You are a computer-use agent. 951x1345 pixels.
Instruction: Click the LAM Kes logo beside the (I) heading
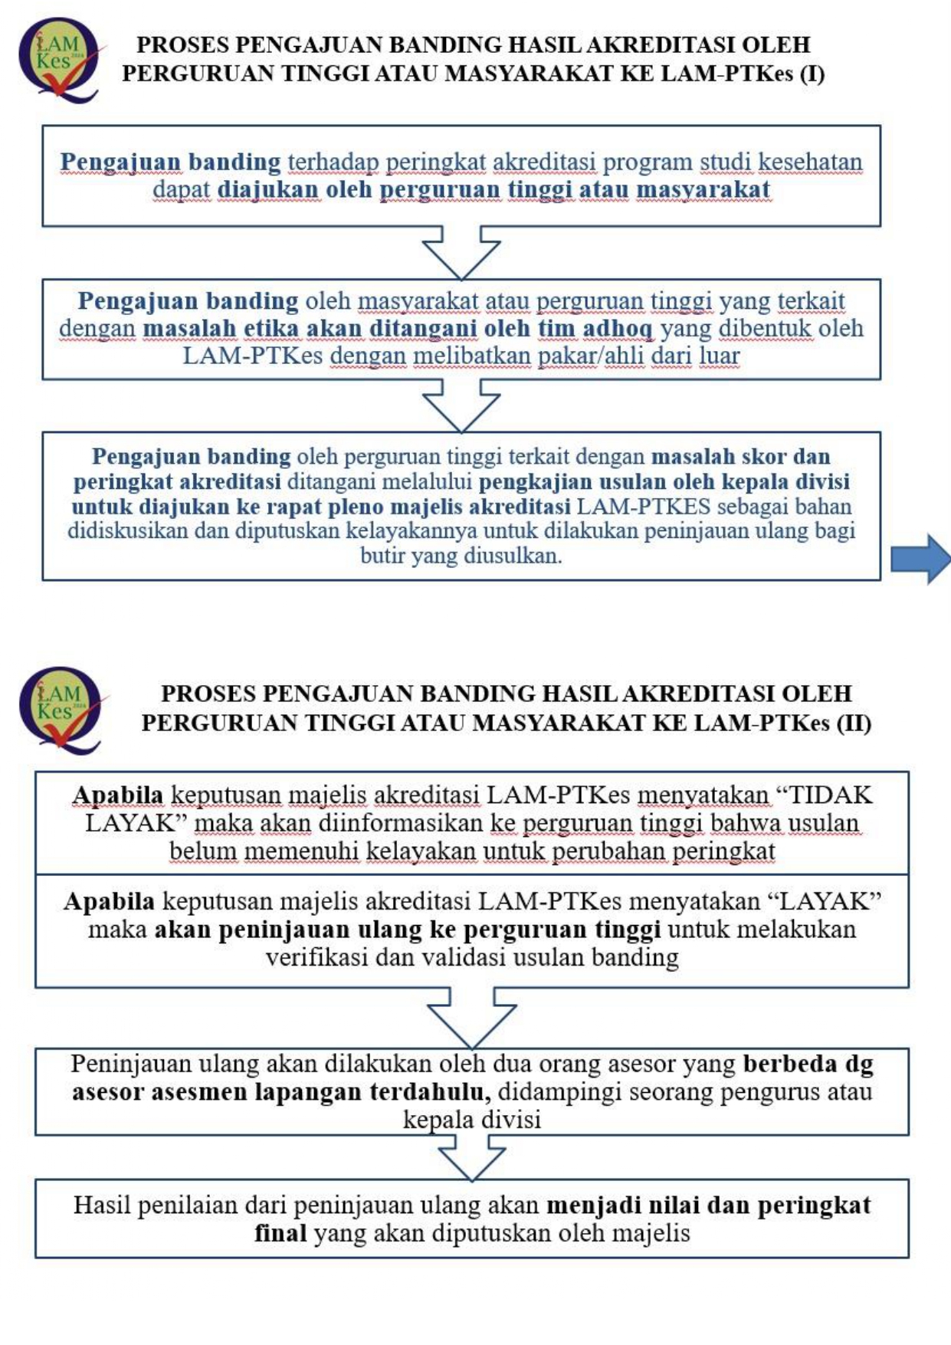point(59,59)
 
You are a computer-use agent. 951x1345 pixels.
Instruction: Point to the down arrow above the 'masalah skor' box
point(461,405)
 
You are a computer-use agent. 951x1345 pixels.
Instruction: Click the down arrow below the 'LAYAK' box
point(472,1016)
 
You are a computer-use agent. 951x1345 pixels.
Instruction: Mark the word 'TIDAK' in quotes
point(831,795)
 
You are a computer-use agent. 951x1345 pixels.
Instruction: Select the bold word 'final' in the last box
point(280,1233)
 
